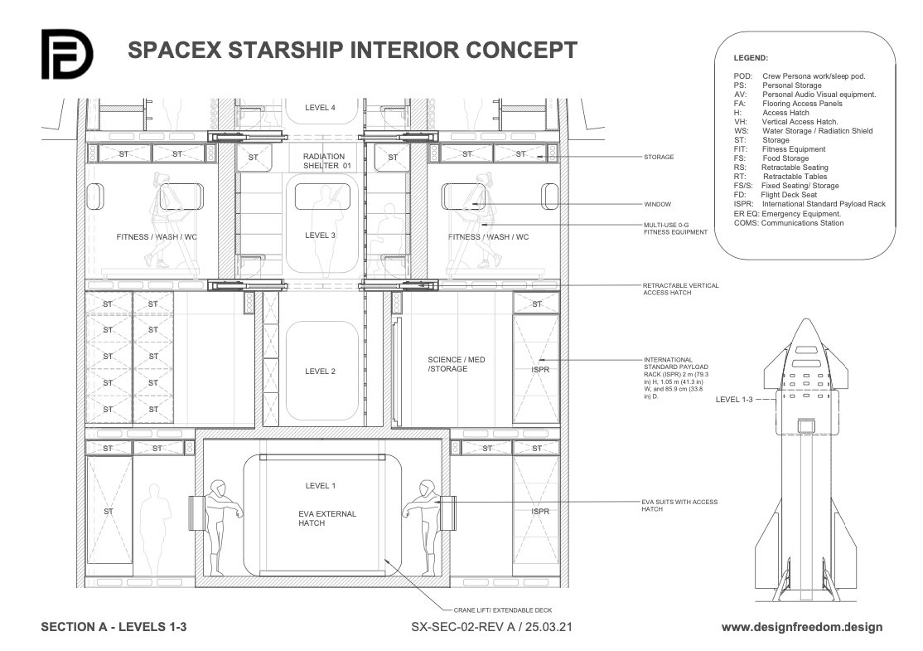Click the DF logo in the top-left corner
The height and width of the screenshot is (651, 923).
[66, 54]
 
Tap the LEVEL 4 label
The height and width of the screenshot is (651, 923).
[320, 108]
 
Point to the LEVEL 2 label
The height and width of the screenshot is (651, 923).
[320, 372]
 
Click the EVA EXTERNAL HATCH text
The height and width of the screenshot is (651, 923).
[326, 518]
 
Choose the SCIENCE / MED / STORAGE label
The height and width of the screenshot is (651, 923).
[457, 364]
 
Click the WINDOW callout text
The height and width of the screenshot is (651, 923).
[658, 205]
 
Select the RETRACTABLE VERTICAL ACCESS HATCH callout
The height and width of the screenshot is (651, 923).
[680, 289]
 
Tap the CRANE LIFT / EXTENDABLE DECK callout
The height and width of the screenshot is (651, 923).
[503, 610]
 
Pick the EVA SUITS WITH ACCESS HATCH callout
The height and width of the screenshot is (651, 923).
[679, 506]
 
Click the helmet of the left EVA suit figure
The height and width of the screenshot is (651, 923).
[218, 488]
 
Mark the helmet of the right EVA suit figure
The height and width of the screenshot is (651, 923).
[427, 488]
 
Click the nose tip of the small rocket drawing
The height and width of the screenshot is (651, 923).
[806, 319]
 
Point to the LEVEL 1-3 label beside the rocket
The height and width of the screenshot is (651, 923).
[734, 400]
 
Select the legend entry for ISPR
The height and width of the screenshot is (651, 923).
[809, 204]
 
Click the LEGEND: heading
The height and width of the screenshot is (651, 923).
[751, 58]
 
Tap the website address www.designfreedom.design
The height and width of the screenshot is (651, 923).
[802, 628]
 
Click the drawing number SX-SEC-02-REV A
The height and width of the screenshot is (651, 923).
[462, 627]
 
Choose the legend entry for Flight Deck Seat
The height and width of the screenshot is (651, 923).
[776, 195]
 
